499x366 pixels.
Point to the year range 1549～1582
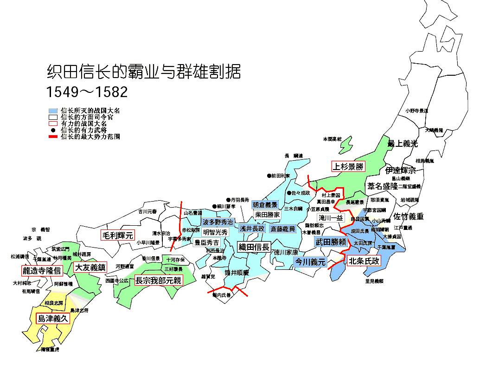(x=87, y=91)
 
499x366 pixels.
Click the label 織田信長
(x=254, y=247)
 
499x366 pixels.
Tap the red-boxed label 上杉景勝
(x=348, y=166)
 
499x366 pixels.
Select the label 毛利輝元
(x=117, y=235)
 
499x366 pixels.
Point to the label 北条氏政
(x=364, y=261)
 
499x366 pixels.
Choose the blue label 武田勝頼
(x=331, y=242)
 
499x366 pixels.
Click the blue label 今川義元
(x=311, y=262)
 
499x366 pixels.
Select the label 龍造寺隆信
(x=42, y=270)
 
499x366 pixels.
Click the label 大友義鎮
(x=90, y=267)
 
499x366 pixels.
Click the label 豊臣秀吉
(x=206, y=242)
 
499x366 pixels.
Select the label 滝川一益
(x=331, y=218)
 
